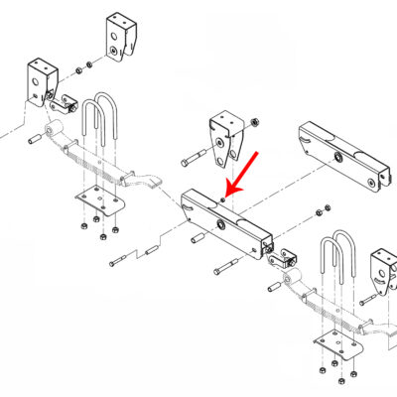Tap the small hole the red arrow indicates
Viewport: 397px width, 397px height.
(224, 198)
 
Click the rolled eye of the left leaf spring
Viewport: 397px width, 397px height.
(58, 129)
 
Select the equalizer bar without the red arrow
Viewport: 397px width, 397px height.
(339, 155)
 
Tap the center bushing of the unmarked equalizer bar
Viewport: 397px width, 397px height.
(339, 159)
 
